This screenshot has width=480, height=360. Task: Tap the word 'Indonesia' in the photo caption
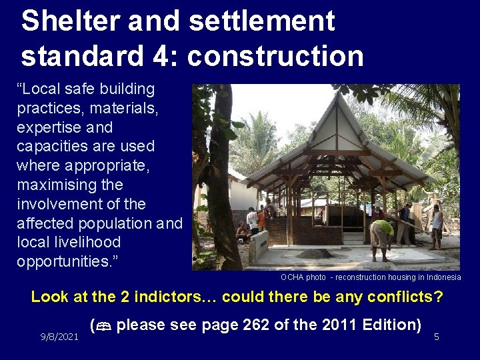tap(443, 277)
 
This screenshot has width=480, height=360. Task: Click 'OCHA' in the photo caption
tap(292, 277)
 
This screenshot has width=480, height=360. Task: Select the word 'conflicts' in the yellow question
tap(397, 296)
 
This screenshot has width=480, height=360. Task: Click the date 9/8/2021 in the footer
tap(59, 337)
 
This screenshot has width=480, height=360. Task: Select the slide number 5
tap(436, 337)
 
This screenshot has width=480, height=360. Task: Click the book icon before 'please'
tap(103, 326)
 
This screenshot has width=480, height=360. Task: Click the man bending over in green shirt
tap(382, 235)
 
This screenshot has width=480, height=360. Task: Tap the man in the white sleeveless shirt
tap(436, 225)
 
